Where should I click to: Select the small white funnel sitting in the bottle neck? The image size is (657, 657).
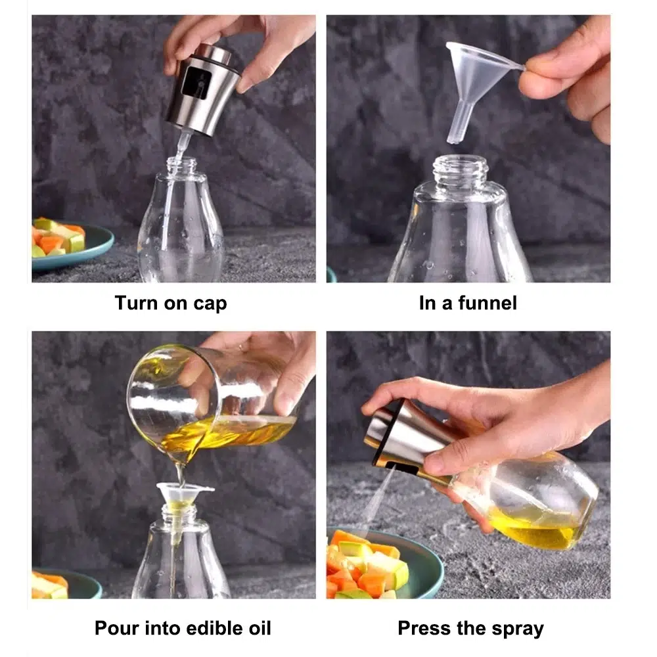[x=182, y=495]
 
